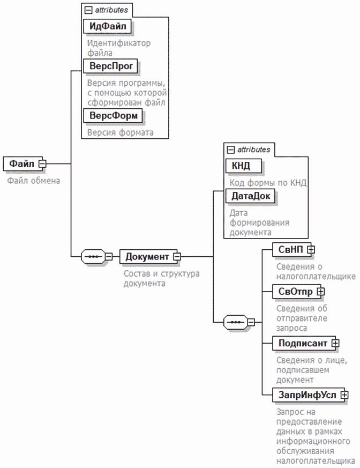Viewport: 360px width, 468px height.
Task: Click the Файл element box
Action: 21,163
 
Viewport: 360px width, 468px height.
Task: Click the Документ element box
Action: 146,256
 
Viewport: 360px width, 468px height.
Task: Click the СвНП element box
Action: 289,249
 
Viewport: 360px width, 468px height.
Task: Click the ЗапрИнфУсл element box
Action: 306,395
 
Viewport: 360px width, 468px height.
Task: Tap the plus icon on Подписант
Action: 335,342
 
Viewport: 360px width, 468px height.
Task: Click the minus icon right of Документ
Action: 177,257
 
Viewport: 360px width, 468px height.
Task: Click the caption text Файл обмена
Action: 33,181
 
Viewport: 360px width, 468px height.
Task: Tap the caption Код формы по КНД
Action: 265,183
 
